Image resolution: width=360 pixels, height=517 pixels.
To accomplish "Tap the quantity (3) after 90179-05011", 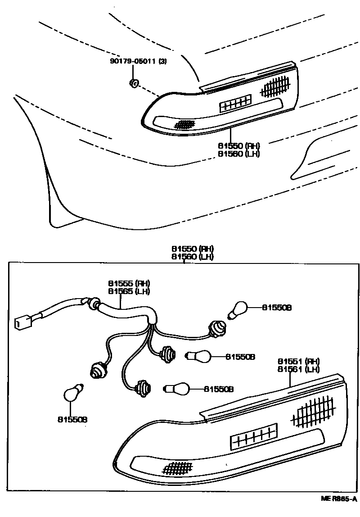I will point(162,62).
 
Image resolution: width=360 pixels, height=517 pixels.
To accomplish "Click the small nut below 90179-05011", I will point(134,82).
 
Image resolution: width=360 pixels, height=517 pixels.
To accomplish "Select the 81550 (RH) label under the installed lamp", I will point(239,145).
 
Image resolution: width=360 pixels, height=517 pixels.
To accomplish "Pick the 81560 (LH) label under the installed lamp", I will point(239,153).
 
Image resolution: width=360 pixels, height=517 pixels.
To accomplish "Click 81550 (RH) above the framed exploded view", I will point(192,249).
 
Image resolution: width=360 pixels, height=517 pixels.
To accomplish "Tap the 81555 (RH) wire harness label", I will point(129,283).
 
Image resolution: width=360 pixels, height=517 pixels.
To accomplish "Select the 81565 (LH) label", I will point(129,291).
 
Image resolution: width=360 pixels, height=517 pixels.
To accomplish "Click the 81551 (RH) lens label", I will point(298,361).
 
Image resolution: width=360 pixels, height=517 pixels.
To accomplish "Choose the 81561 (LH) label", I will point(298,369).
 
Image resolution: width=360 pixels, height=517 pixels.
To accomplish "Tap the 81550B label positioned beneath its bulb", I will point(72,419).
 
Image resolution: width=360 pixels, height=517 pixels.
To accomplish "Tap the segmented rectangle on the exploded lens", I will point(253,435).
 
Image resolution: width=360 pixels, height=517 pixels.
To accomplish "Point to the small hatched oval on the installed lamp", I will point(184,123).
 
